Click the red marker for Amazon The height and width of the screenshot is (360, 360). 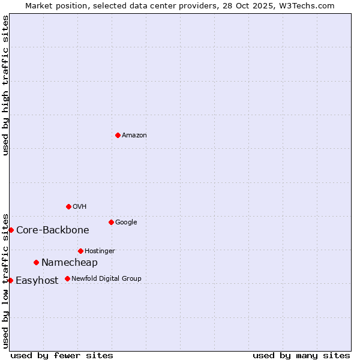point(118,135)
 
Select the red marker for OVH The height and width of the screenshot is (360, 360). point(68,206)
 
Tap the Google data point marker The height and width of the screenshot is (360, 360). point(111,222)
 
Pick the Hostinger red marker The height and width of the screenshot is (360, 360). point(80,251)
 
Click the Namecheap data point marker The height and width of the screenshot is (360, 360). point(37,262)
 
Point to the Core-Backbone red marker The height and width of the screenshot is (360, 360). point(11,230)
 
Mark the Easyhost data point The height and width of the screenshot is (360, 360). point(10,280)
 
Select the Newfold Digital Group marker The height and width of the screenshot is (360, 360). point(67,278)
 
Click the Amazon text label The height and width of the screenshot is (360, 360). point(134,136)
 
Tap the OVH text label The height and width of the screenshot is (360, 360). point(80,207)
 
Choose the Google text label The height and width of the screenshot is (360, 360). point(126,223)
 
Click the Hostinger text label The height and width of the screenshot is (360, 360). point(100,251)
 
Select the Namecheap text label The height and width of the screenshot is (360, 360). point(70,263)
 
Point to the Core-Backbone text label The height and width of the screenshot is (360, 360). point(53,230)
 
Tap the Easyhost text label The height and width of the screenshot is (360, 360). point(37,281)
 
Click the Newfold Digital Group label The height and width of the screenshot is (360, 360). point(106,279)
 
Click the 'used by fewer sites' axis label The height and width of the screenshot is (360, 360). point(62,356)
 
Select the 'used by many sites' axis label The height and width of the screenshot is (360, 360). point(301,356)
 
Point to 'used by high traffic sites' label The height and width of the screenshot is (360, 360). point(6,85)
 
